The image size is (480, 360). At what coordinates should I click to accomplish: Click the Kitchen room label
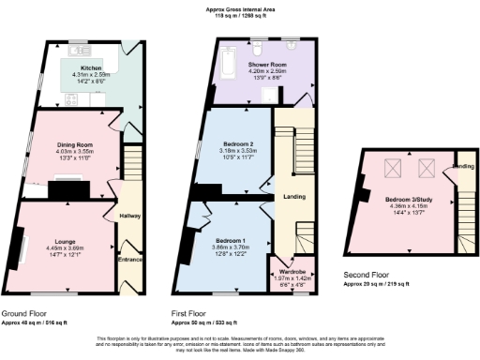91,67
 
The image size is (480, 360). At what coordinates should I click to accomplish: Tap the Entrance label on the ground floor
130,259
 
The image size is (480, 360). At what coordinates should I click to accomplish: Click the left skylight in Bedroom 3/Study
395,170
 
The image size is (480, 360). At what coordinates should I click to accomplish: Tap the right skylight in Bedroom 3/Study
427,170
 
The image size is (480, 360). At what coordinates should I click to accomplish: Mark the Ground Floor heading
26,314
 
